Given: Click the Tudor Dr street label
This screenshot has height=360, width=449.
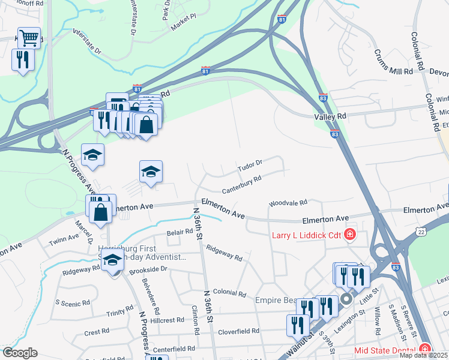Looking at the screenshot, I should click(x=250, y=163).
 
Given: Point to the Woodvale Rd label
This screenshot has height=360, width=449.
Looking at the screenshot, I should click(x=288, y=204).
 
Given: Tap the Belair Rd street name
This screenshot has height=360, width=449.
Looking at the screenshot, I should click(x=180, y=232).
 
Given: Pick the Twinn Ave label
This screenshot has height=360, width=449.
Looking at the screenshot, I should click(x=64, y=239).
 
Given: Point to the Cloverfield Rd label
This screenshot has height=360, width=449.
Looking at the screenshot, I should click(x=238, y=331).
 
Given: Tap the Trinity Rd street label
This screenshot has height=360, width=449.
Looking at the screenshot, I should click(x=120, y=311).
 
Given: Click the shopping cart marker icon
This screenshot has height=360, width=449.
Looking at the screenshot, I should click(x=29, y=38).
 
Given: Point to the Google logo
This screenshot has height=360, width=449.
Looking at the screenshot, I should click(x=19, y=353).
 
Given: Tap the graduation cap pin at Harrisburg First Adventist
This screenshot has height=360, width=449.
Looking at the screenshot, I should click(x=112, y=260).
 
